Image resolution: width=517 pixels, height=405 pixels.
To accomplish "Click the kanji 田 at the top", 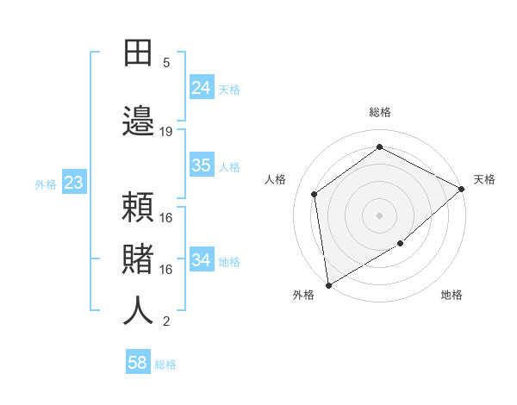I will [x=138, y=53].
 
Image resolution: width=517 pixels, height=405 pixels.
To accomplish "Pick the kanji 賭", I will [x=138, y=259].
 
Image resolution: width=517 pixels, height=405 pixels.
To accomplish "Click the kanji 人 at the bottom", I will [x=138, y=311].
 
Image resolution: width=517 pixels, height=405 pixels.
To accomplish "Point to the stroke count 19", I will [x=166, y=131].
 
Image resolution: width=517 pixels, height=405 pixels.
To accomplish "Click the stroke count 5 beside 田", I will [x=166, y=63].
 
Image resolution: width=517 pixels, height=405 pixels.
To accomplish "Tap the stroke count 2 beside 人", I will [x=166, y=321].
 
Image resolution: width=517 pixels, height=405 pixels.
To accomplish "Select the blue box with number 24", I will [x=202, y=87].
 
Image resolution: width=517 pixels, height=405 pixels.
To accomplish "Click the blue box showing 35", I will [x=202, y=165].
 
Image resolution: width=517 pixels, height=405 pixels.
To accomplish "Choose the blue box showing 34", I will [x=202, y=260].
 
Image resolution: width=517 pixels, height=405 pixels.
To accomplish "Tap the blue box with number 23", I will [x=73, y=183].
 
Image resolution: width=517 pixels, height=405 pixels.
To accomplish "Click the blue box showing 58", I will [x=138, y=363].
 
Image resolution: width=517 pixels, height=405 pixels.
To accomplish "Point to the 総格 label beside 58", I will [x=165, y=364].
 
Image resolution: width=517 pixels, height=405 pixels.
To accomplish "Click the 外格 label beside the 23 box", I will [x=46, y=184].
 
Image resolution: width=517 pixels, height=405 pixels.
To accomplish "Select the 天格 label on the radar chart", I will [x=484, y=179].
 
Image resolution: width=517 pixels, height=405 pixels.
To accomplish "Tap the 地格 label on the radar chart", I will [x=452, y=296].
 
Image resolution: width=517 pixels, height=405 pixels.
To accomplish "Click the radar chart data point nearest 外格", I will [x=328, y=284].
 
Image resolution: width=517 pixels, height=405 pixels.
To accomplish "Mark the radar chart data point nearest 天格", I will [x=462, y=189].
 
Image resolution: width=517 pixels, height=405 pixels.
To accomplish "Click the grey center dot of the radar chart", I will [x=379, y=215].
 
